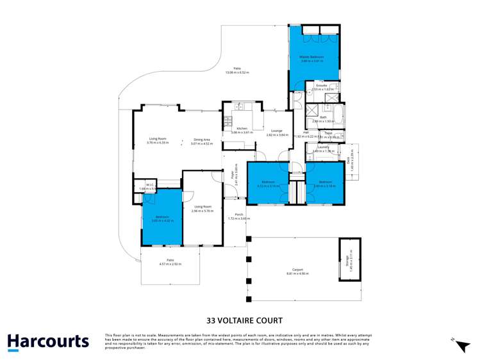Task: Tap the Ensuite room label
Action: tap(321, 85)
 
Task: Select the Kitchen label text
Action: tap(242, 129)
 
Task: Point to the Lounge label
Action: tap(276, 131)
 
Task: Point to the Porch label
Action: tap(238, 215)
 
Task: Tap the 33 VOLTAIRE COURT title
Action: tap(244, 320)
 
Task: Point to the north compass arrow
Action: tap(461, 346)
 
